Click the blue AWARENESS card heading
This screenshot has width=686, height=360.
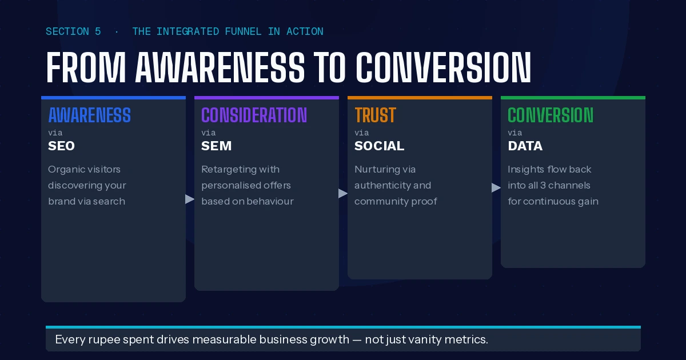[89, 115]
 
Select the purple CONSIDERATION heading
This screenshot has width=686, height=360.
[254, 115]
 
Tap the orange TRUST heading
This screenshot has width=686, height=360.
[375, 115]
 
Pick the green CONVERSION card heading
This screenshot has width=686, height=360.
[551, 115]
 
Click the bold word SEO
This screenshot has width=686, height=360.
[61, 146]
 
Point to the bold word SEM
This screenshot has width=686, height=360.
[216, 146]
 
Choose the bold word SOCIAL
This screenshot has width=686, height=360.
[379, 146]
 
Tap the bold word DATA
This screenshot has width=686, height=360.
[525, 146]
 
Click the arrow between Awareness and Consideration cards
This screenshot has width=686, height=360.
[190, 199]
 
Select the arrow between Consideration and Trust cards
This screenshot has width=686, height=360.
[343, 194]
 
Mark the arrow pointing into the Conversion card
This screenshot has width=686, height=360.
[496, 187]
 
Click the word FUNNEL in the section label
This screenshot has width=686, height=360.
[243, 31]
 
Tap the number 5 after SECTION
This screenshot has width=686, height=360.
[98, 31]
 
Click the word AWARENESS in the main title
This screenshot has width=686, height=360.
[220, 67]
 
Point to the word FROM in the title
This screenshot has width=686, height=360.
[86, 67]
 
